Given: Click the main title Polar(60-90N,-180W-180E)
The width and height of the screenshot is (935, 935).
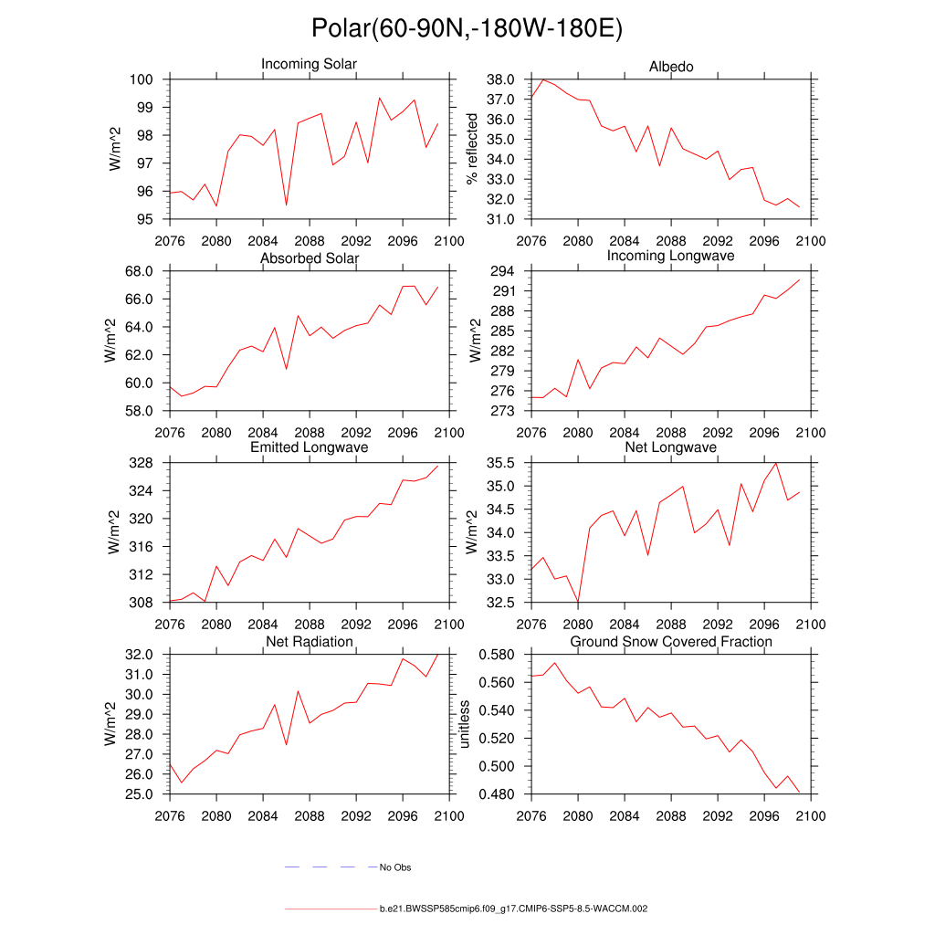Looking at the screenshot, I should (467, 28).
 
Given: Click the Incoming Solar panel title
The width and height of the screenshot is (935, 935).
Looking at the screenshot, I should (309, 65).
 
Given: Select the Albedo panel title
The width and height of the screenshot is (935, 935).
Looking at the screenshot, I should (670, 68).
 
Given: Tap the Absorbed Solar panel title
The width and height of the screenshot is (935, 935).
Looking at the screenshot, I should (309, 259).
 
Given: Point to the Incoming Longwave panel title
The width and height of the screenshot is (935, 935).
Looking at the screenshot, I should (670, 256).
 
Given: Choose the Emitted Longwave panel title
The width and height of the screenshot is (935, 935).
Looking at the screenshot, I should (309, 448).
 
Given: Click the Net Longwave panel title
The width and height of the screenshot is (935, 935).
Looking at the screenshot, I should (670, 448).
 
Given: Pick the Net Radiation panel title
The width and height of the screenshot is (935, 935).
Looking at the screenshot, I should (309, 642).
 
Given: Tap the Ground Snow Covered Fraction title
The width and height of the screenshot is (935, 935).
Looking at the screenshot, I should (670, 642).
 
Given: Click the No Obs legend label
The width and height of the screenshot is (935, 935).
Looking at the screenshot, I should (395, 867).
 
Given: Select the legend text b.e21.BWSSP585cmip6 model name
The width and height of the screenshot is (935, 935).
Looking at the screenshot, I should (513, 909).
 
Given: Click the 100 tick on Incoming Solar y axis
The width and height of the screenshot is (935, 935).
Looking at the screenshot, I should (149, 79).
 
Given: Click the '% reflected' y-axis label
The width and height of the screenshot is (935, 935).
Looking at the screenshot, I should (472, 149).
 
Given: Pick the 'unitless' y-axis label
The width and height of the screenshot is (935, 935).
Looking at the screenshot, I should (465, 724).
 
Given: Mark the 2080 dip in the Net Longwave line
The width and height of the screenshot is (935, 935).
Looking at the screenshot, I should (577, 602).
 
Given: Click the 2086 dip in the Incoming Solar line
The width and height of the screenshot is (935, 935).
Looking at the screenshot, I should (287, 205).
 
